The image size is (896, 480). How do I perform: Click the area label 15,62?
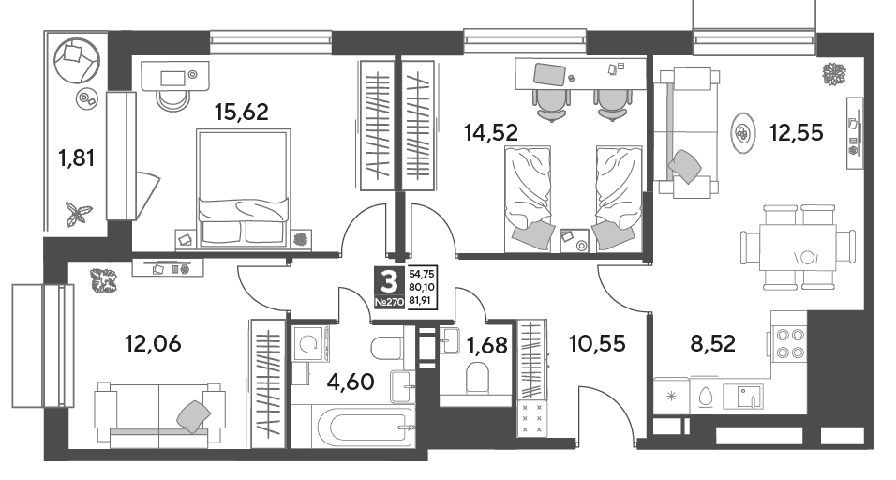tap(241, 112)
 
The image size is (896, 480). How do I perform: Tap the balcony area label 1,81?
tap(76, 157)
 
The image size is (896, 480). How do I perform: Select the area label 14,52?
tap(491, 132)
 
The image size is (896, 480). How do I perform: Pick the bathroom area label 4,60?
tap(351, 381)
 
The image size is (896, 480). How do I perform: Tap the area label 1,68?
tap(486, 345)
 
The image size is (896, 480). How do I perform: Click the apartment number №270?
tap(389, 302)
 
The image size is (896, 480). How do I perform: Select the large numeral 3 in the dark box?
tap(389, 281)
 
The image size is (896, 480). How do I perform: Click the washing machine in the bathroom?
tap(310, 344)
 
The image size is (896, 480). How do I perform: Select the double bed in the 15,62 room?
tap(243, 189)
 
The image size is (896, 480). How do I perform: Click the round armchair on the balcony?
tap(76, 59)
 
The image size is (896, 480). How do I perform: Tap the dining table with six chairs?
tap(798, 247)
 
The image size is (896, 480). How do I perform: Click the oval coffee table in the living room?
tap(742, 132)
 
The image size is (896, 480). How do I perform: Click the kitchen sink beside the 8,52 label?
tap(743, 396)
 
